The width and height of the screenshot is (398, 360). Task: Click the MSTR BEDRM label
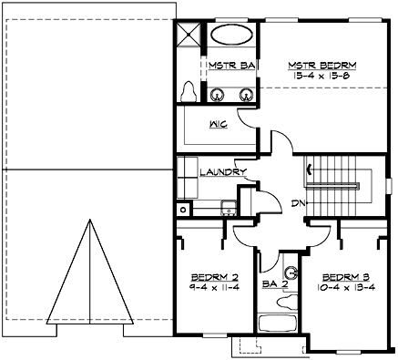322,66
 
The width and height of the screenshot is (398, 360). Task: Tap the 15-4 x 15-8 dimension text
322,77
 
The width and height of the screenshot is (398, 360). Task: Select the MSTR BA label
230,66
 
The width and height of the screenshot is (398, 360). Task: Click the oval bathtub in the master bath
233,39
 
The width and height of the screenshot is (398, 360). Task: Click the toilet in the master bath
189,92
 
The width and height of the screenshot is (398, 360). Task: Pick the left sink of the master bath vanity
218,93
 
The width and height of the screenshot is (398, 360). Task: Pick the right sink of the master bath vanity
245,93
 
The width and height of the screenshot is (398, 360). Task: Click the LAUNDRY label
223,171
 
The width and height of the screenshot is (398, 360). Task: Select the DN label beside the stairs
297,202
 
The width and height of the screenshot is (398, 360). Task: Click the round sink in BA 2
291,272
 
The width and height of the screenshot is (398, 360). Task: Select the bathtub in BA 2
278,323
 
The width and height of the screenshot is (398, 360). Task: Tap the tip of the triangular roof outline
91,220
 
